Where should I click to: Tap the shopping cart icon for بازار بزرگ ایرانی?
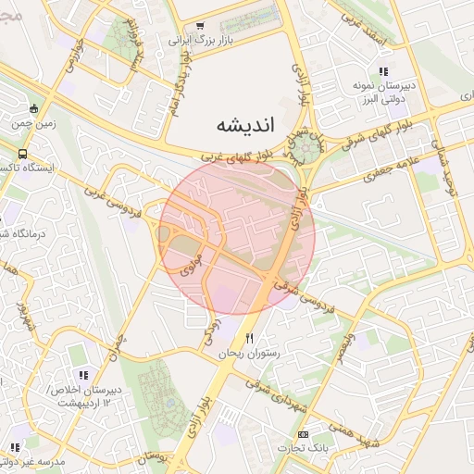tap(199, 27)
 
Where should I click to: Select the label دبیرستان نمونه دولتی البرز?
tap(380, 92)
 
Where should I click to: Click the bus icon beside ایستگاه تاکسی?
tap(22, 155)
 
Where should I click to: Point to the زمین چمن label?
tap(33, 121)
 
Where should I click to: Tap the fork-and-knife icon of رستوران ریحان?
tap(248, 339)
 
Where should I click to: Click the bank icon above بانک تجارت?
tap(303, 435)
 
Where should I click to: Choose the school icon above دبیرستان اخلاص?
tap(83, 376)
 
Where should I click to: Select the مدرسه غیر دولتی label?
tap(33, 460)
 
